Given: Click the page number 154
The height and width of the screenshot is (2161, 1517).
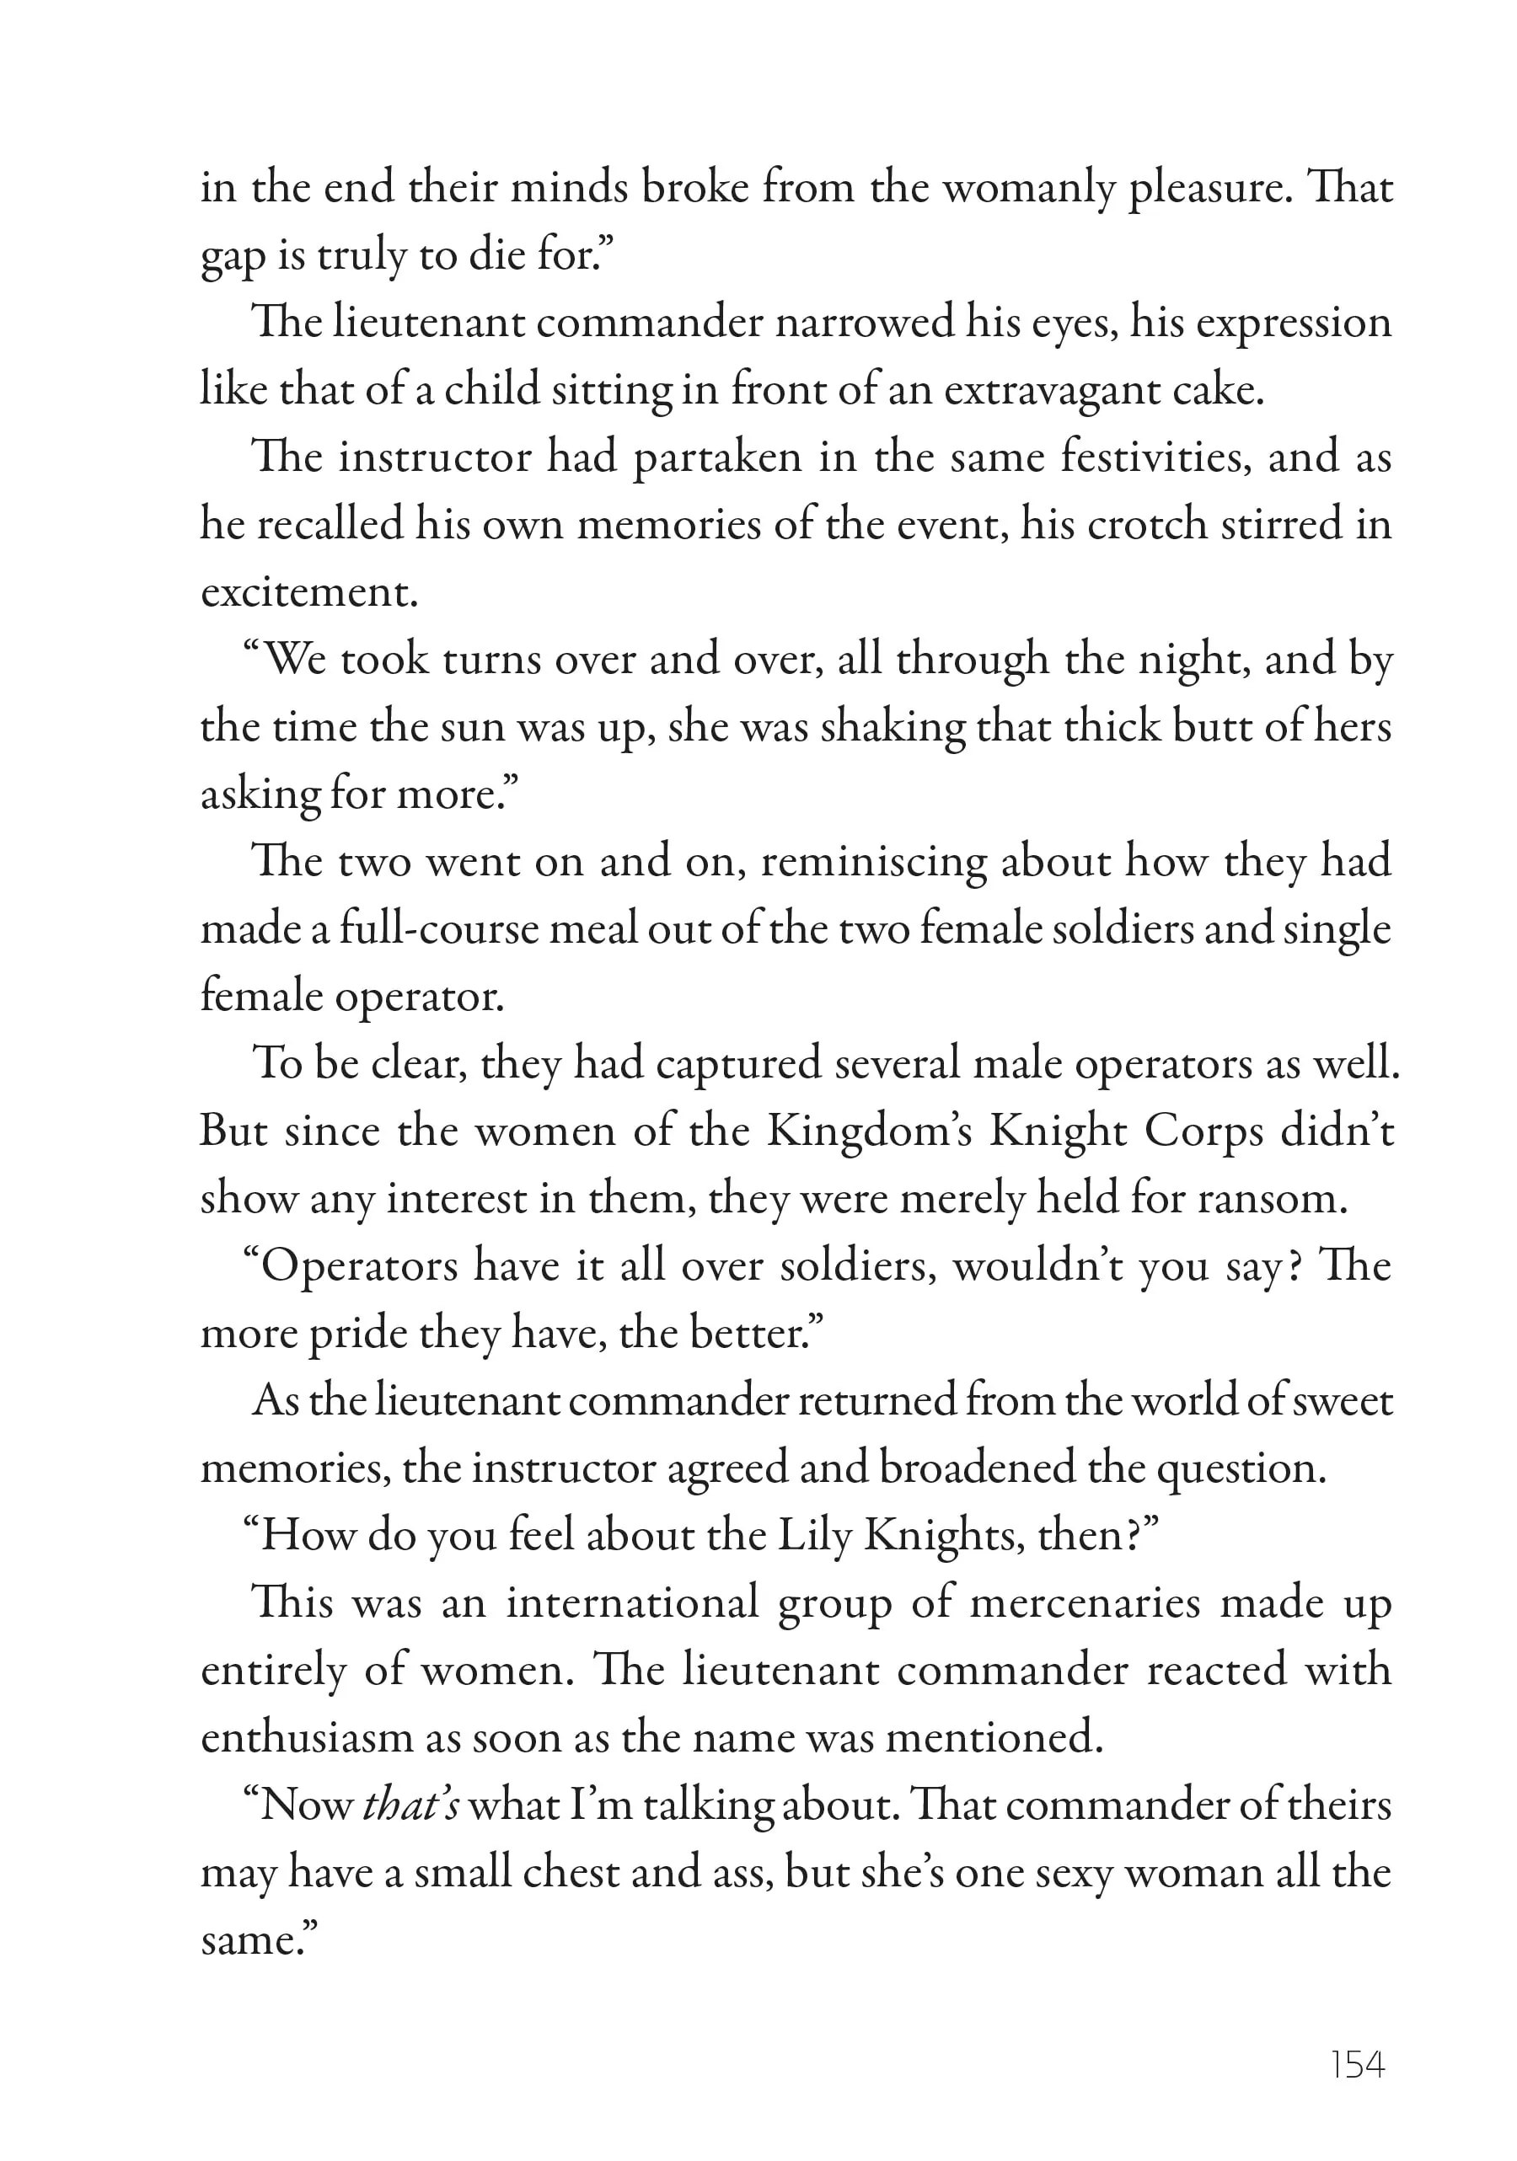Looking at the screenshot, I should pyautogui.click(x=1357, y=2065).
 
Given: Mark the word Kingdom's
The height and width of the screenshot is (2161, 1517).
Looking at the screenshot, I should pyautogui.click(x=870, y=1131).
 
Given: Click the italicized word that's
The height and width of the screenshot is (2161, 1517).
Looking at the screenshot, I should pyautogui.click(x=410, y=1805).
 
